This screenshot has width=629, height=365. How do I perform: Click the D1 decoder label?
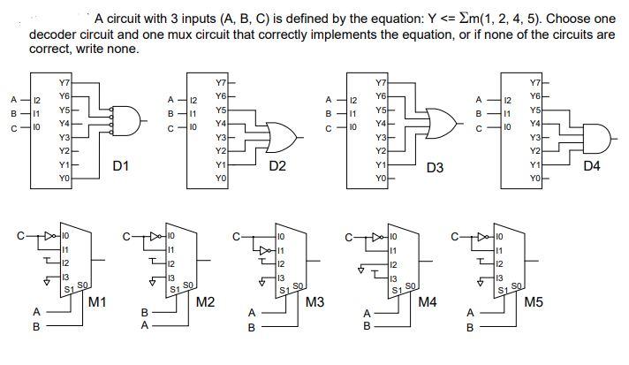pos(122,165)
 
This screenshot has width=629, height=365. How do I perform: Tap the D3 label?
pos(435,166)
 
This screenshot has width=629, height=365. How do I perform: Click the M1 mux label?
pos(98,303)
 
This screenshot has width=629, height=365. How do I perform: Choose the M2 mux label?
pos(206,303)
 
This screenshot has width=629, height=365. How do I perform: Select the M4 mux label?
pos(428,303)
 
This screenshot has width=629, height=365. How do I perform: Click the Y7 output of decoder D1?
pos(63,81)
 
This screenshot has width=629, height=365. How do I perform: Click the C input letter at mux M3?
pos(236,235)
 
